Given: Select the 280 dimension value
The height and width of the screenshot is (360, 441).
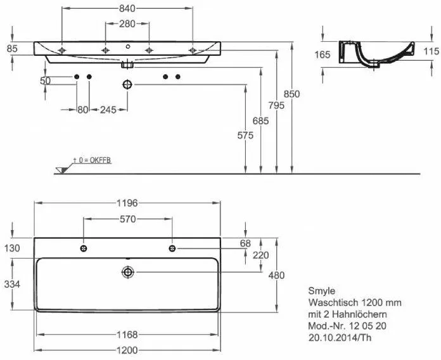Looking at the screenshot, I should (127, 23).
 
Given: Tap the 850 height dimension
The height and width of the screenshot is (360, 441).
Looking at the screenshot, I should (292, 93).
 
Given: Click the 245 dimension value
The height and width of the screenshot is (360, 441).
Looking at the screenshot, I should (108, 110).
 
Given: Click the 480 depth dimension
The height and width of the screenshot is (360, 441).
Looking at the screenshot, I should (276, 275).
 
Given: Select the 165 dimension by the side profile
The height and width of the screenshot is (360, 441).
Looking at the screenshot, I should (322, 55).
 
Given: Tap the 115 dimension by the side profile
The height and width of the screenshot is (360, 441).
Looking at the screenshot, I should (430, 51).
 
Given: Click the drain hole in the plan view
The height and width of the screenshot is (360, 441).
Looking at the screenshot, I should (128, 272).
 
